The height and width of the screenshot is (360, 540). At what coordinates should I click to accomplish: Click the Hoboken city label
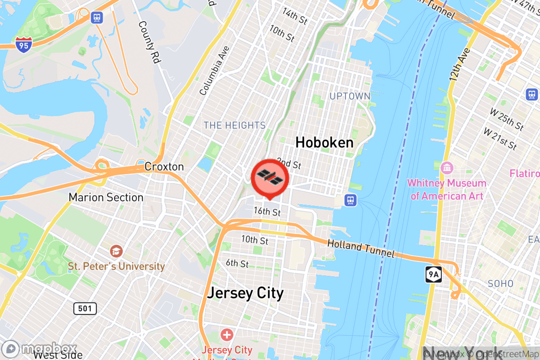pyautogui.click(x=324, y=143)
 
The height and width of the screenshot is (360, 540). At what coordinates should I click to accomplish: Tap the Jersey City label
pyautogui.click(x=245, y=293)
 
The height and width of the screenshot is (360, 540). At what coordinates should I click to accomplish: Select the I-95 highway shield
pyautogui.click(x=23, y=44)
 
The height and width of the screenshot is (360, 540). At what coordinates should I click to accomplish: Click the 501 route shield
pyautogui.click(x=85, y=308)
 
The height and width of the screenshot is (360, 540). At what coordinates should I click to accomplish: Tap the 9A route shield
pyautogui.click(x=433, y=274)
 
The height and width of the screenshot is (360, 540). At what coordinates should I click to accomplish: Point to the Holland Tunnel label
pyautogui.click(x=361, y=248)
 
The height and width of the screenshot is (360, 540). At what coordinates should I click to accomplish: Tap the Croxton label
pyautogui.click(x=164, y=167)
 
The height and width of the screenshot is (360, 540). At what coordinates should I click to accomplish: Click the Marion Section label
pyautogui.click(x=106, y=198)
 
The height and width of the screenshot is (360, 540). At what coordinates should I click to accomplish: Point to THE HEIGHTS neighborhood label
pyautogui.click(x=234, y=126)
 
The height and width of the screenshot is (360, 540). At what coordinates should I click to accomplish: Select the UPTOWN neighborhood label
pyautogui.click(x=350, y=96)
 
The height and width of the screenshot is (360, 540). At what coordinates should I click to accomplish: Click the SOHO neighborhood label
pyautogui.click(x=500, y=284)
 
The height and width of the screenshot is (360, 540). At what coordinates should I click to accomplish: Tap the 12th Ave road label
pyautogui.click(x=459, y=65)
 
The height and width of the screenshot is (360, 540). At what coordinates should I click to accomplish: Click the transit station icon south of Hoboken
pyautogui.click(x=351, y=200)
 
